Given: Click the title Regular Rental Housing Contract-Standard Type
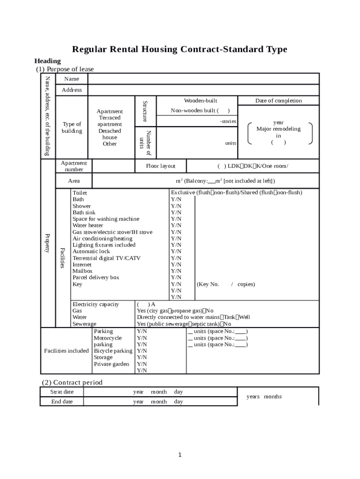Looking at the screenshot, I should coord(180,50).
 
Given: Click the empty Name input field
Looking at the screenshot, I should coord(203,79).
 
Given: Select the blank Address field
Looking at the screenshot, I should coord(203,90).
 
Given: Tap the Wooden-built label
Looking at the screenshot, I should coord(201,101).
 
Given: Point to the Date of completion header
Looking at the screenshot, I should coord(278,101).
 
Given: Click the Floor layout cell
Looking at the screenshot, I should coord(161,166).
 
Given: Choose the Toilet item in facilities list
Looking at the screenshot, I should coord(79,193).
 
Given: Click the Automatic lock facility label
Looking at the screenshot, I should coord(91,251).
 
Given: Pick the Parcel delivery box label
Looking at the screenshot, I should coord(96,277).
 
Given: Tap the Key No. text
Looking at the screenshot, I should coord(208,284).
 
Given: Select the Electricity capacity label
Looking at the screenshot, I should coord(96,304).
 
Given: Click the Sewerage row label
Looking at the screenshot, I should coord(84,324).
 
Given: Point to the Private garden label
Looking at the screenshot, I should coord(111,364).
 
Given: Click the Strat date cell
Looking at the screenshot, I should coord(62,392).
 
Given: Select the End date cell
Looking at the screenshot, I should coord(62,401).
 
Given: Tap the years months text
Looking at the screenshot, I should coord(264,397).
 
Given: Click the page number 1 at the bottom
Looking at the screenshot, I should coord(180,455).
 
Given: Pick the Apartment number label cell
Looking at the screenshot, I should coord(74,166).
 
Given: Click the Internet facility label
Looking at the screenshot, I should coord(82,264).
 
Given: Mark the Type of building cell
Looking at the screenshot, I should coord(72,127).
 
